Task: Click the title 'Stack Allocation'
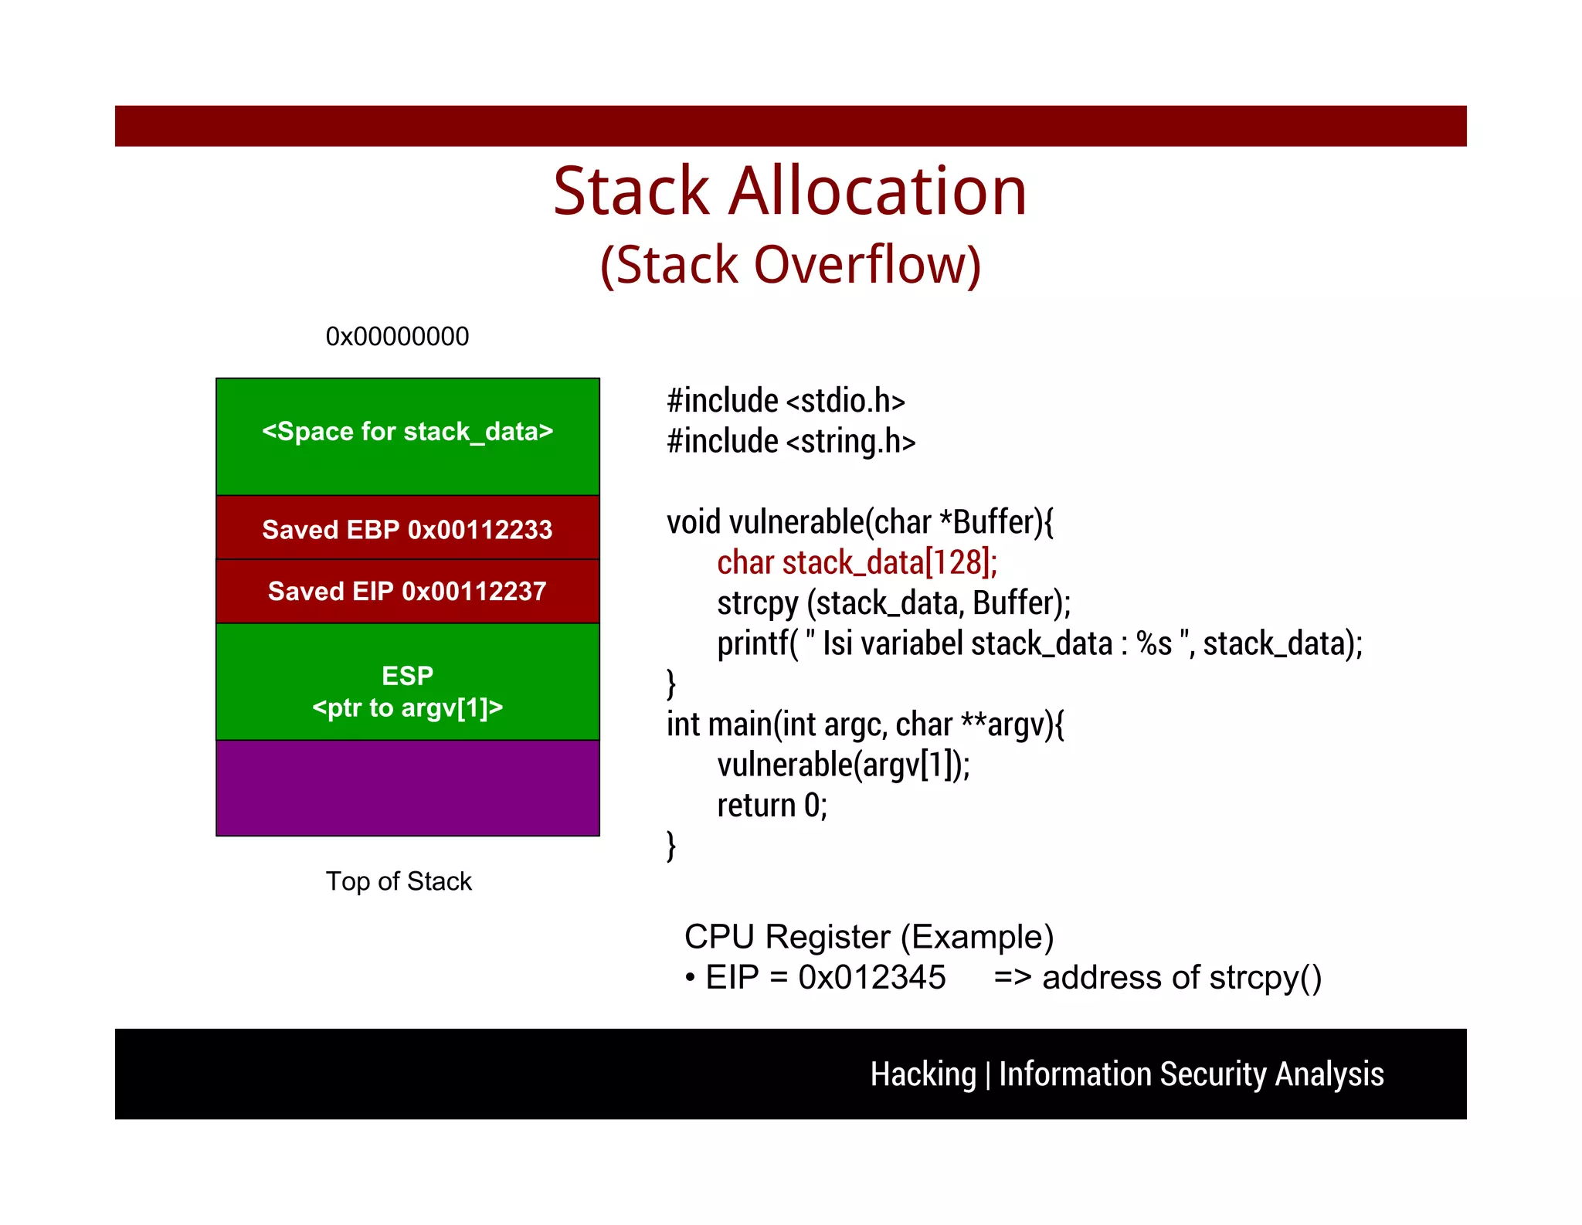click(x=790, y=192)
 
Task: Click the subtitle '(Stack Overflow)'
click(x=790, y=265)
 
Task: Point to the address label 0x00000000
click(x=397, y=337)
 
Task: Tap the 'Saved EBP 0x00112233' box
click(x=408, y=529)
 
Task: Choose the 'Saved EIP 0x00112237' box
click(x=408, y=591)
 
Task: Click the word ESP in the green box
click(x=408, y=676)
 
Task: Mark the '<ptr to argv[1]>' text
click(x=408, y=708)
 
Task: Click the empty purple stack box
click(x=408, y=788)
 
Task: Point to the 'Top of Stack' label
click(x=399, y=881)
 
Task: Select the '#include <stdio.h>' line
click(x=786, y=401)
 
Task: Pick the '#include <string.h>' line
click(x=791, y=442)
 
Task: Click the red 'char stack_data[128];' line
click(x=857, y=562)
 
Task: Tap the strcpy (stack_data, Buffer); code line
click(x=894, y=603)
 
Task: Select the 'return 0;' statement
click(x=772, y=806)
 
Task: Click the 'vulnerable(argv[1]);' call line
click(x=843, y=765)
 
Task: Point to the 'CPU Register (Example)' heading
click(x=869, y=937)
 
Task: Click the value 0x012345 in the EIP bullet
click(x=871, y=978)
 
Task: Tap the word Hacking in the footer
click(x=923, y=1074)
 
